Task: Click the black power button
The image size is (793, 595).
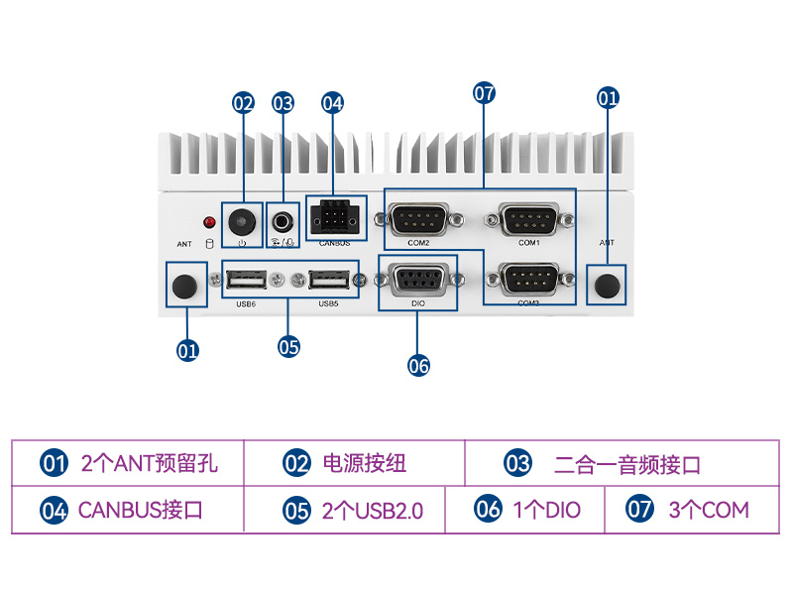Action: click(242, 220)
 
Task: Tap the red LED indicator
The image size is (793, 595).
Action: click(209, 221)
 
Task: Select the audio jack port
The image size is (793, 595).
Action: click(284, 219)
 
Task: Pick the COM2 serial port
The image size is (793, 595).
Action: click(418, 217)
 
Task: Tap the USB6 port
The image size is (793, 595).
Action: click(247, 280)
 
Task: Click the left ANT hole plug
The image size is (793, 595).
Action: click(183, 286)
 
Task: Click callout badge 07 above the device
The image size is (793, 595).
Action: click(483, 93)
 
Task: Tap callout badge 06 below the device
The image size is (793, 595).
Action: click(418, 365)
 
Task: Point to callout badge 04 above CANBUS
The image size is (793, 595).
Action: click(332, 102)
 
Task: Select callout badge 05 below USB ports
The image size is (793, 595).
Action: click(288, 347)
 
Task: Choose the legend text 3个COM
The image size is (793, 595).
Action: click(709, 511)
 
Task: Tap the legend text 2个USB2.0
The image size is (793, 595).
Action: click(372, 512)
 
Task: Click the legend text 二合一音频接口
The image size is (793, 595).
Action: click(626, 464)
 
